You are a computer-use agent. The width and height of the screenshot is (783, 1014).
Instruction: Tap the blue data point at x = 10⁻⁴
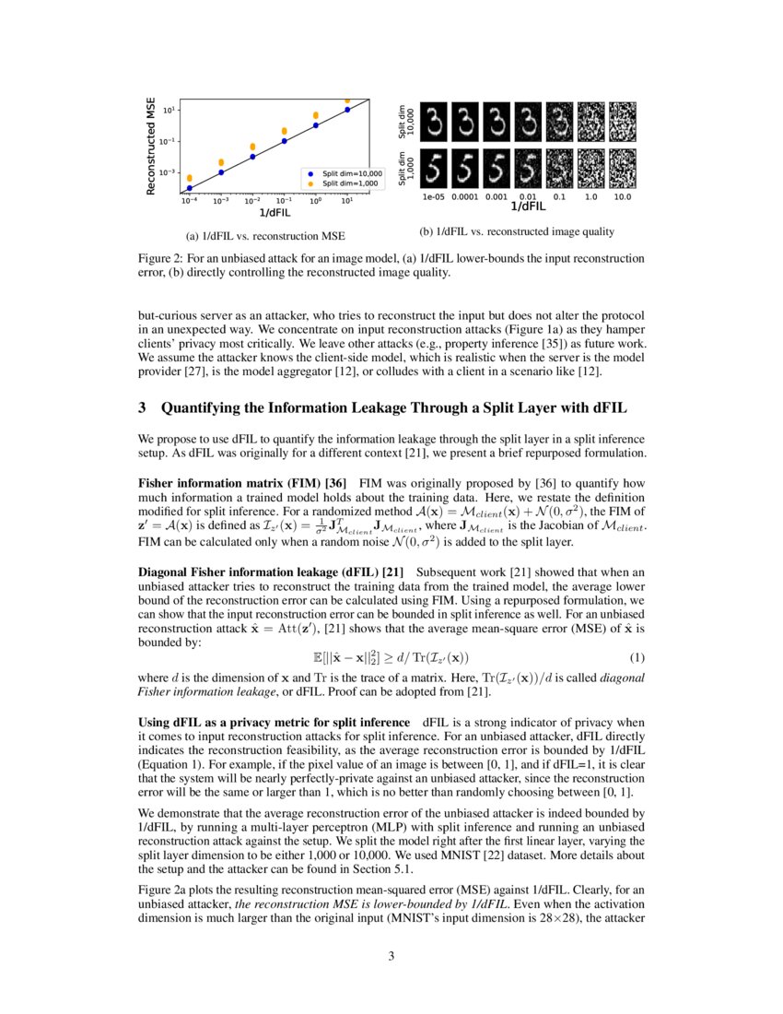click(190, 188)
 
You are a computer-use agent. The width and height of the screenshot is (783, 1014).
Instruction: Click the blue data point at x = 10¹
click(347, 110)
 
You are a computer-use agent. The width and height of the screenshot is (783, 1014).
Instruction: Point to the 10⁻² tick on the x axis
click(252, 200)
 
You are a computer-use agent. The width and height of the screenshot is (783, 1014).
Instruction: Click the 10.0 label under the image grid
click(623, 196)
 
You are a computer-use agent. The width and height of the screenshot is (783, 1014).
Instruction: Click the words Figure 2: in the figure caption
click(158, 260)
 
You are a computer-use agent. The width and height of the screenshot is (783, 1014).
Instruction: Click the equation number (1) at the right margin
click(635, 657)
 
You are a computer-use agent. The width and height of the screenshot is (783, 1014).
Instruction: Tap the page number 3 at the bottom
click(391, 956)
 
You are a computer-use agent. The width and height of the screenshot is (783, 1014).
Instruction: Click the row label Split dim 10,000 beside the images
click(405, 121)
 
